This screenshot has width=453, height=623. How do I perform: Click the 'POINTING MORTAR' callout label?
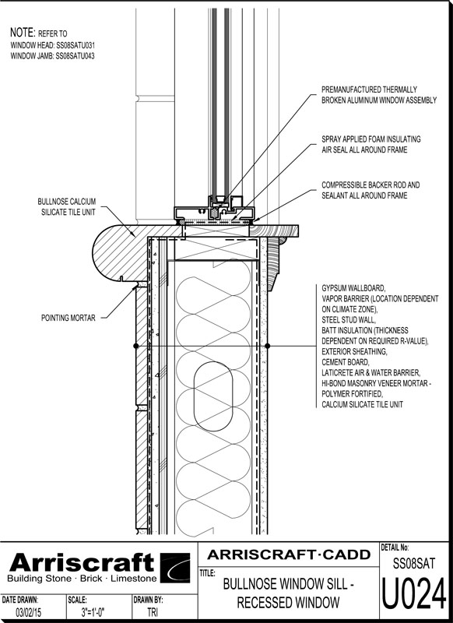coord(68,318)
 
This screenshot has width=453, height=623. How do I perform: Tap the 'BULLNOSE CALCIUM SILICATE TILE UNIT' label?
coord(67,206)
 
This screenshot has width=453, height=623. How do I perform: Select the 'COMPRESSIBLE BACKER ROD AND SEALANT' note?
coord(370,190)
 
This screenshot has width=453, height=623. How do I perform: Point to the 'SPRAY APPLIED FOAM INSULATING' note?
coord(370,139)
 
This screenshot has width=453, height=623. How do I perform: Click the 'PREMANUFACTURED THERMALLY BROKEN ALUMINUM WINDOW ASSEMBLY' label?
coord(379,95)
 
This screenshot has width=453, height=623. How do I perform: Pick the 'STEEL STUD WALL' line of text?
coord(348,320)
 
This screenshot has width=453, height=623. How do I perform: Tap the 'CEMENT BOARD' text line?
coord(345,362)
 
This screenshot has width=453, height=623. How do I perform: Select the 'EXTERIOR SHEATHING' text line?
coord(353,352)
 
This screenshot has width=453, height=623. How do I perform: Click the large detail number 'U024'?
coord(414,594)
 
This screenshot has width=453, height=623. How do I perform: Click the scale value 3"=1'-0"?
coord(93,612)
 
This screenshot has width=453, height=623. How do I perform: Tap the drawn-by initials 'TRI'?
coord(153,612)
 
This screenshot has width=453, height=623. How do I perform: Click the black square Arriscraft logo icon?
coord(175,568)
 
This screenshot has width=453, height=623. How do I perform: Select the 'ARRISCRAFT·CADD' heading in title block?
coord(289,554)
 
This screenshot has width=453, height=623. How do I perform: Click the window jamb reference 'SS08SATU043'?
coord(75,56)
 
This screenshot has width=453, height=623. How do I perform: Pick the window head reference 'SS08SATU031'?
coord(75,45)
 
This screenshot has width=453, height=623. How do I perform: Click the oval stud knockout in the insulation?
coord(213,396)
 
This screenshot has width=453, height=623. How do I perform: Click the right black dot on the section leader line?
coord(268,346)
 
